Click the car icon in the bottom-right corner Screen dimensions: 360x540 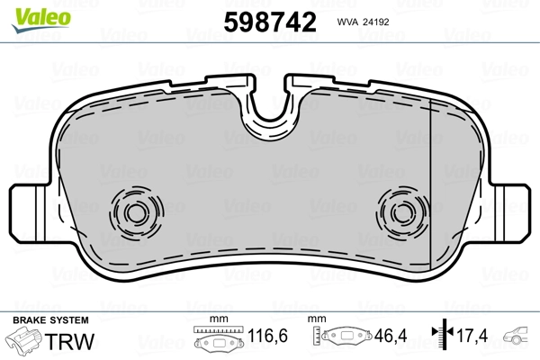(x=520, y=339)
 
